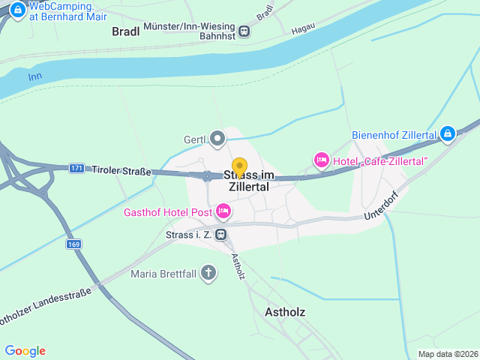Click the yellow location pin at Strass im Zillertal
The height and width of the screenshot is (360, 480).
tap(239, 167)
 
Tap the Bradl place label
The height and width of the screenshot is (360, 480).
tap(126, 31)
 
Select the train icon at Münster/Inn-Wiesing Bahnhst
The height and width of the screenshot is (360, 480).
tap(244, 31)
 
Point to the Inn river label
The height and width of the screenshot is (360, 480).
tap(34, 77)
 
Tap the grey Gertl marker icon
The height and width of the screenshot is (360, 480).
tap(217, 138)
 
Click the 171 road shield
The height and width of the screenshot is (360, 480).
tap(76, 168)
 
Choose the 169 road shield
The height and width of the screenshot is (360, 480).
tap(73, 244)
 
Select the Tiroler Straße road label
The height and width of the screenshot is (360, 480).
tap(121, 171)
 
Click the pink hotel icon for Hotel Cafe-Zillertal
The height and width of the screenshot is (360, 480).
tap(321, 160)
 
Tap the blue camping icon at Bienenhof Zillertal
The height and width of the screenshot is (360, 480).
tap(447, 134)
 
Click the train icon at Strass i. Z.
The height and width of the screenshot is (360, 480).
tap(220, 235)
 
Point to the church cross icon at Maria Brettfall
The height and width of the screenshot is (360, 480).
tap(208, 273)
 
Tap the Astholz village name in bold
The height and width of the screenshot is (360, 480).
tap(285, 312)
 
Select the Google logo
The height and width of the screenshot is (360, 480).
tap(25, 351)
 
